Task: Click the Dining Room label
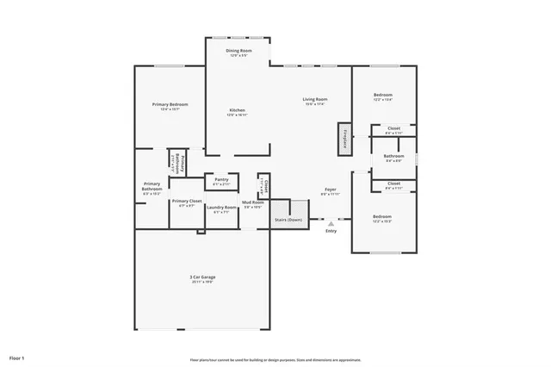click(238, 52)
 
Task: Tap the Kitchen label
click(237, 110)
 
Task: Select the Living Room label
click(314, 100)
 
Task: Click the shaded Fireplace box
click(344, 139)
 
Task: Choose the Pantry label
click(221, 180)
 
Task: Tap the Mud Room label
click(252, 202)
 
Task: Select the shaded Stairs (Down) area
click(290, 215)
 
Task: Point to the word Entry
click(331, 231)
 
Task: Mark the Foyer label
click(331, 190)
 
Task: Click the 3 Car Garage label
click(202, 277)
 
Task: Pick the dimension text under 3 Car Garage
click(202, 282)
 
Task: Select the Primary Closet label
click(186, 202)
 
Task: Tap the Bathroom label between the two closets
click(393, 156)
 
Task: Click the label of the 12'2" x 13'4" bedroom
click(382, 95)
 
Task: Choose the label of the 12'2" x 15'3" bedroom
click(382, 216)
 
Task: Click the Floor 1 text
click(17, 357)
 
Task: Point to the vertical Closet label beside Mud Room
click(266, 185)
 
